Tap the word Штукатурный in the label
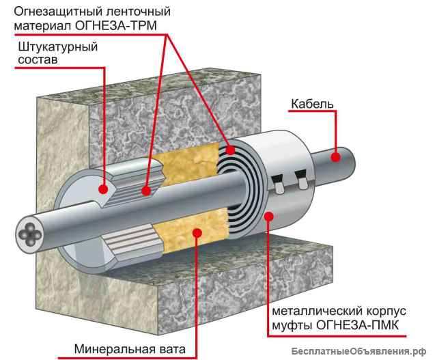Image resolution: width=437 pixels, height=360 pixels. (57, 46)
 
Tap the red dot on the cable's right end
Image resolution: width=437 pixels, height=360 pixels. (335, 156)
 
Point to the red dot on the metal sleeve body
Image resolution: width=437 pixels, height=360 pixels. (269, 217)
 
